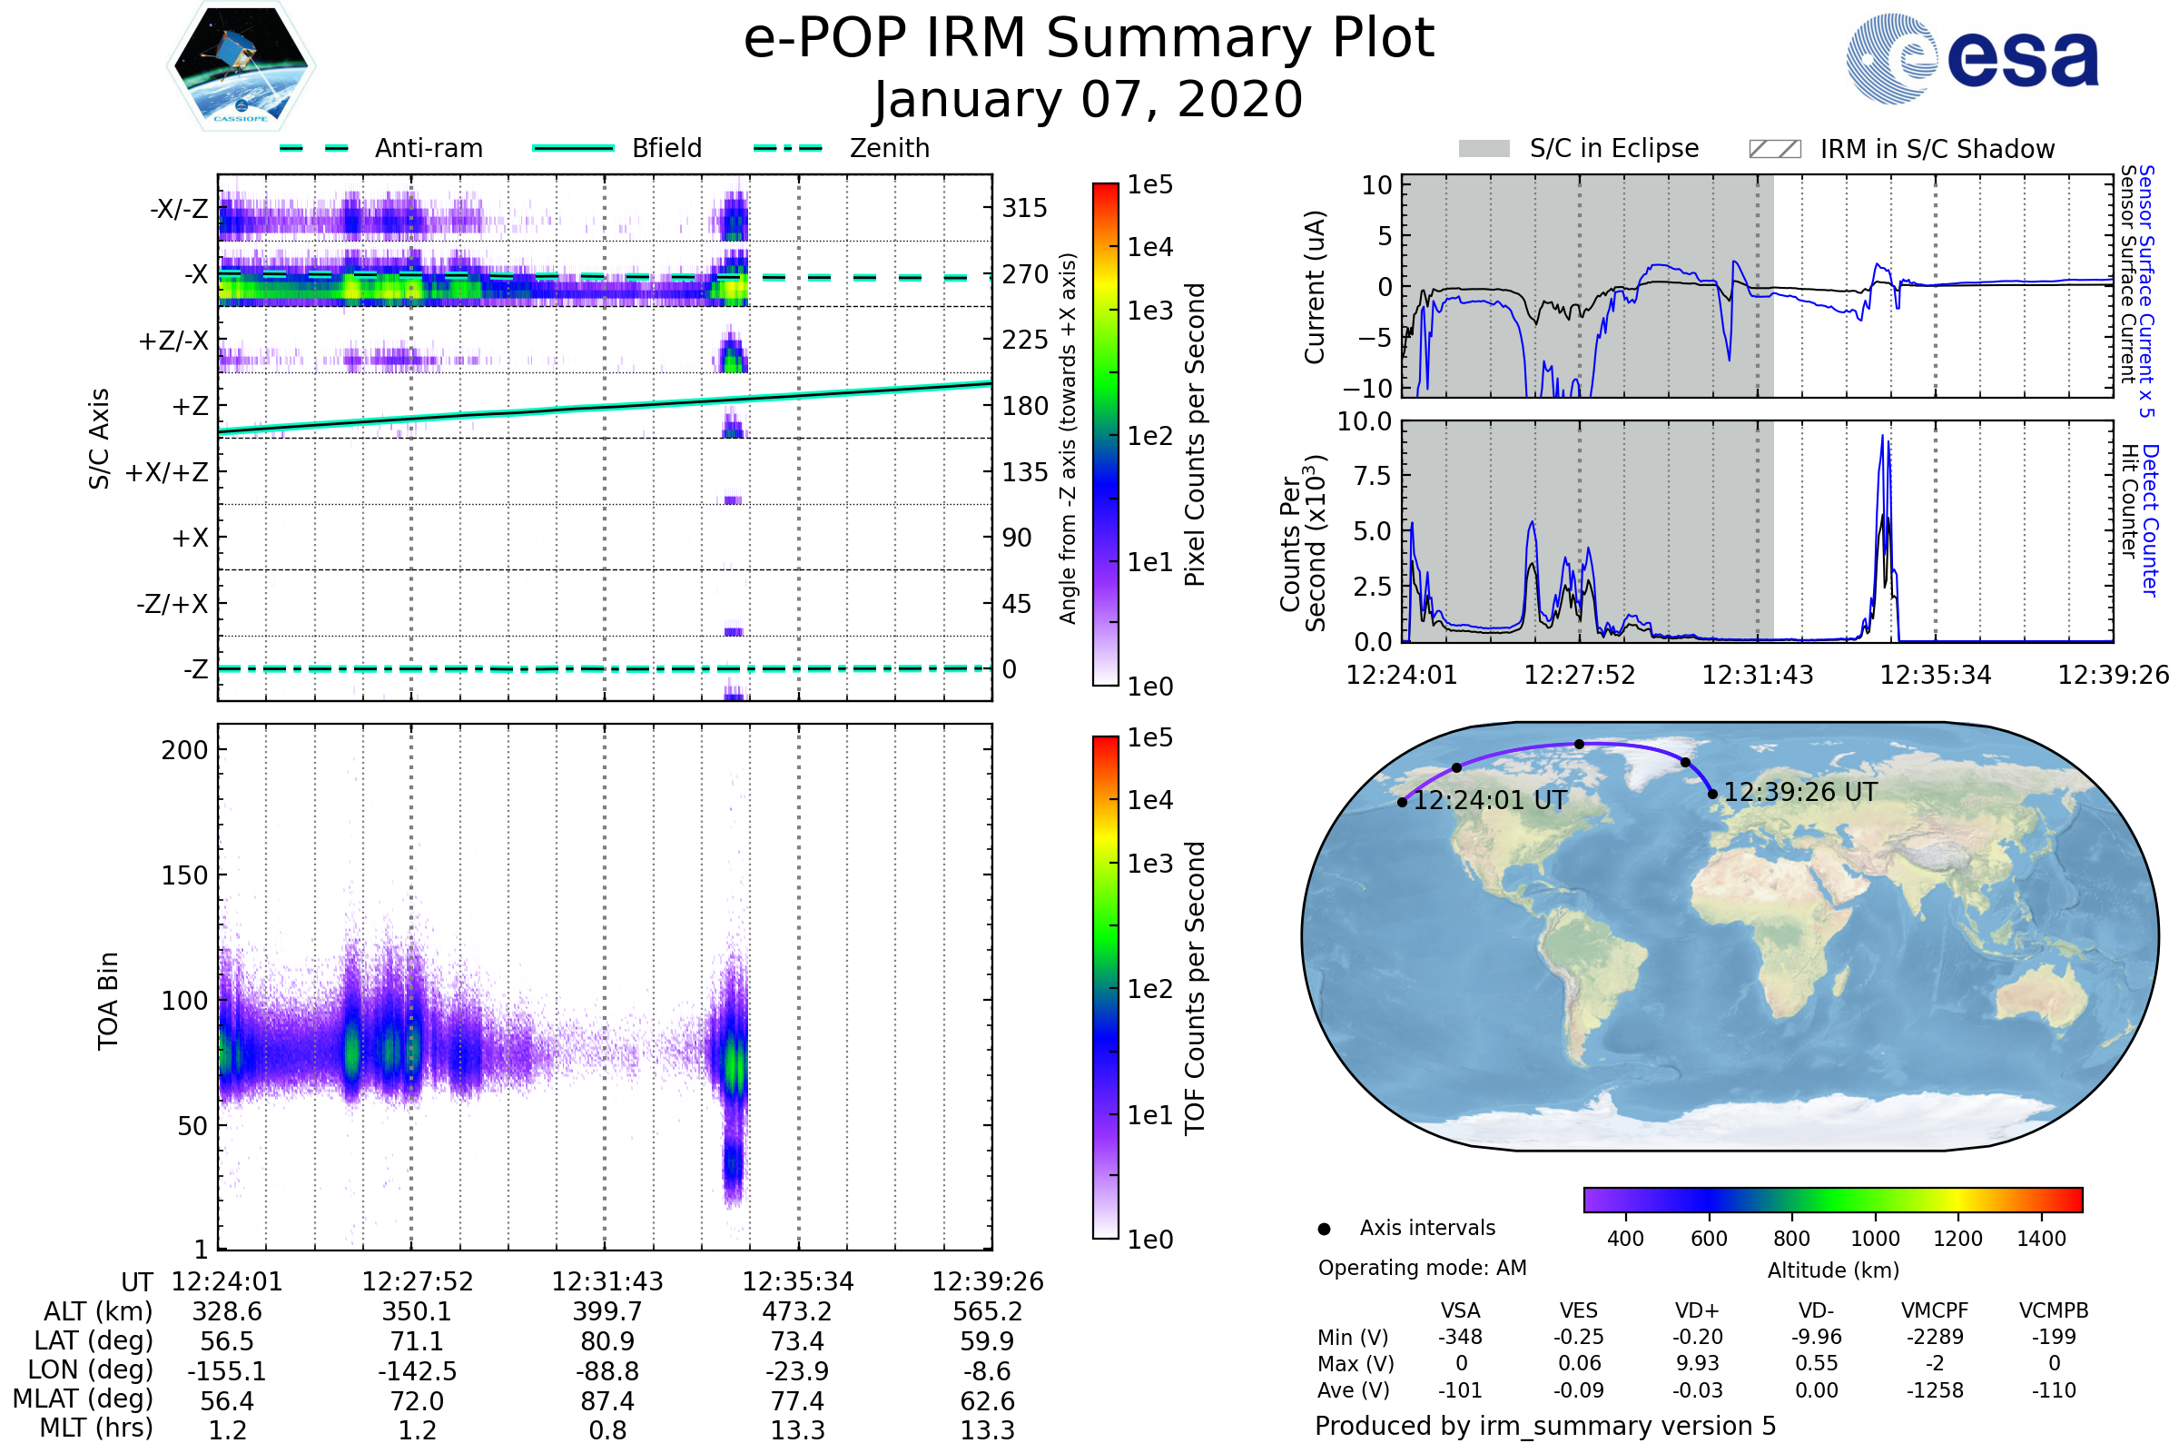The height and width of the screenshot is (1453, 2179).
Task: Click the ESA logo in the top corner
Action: point(1973,58)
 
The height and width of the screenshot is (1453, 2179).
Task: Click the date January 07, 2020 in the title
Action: point(1089,100)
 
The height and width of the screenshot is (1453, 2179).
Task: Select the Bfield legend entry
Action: point(666,148)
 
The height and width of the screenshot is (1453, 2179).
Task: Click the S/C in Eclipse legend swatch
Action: point(1484,149)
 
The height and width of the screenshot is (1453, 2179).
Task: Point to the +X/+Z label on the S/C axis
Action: point(167,472)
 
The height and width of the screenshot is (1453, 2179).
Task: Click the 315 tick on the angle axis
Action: point(1025,208)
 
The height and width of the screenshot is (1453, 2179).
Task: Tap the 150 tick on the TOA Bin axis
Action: point(184,875)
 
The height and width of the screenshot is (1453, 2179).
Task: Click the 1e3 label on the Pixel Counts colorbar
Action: point(1149,311)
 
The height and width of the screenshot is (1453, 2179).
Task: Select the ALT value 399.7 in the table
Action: point(606,1312)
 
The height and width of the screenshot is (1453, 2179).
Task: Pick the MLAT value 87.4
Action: point(606,1401)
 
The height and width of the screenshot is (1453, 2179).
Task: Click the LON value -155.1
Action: point(227,1371)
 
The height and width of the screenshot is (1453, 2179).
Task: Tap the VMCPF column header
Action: point(1935,1311)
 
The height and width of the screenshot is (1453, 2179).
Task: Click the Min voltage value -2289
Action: point(1935,1337)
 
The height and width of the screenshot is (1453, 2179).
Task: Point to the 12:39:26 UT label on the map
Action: point(1800,792)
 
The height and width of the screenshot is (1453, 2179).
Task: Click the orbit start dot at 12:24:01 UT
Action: point(1403,803)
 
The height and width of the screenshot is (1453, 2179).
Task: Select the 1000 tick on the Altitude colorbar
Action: point(1875,1239)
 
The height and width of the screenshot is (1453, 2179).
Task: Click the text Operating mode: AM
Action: point(1422,1268)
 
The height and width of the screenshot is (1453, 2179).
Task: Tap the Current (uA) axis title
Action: point(1315,287)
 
